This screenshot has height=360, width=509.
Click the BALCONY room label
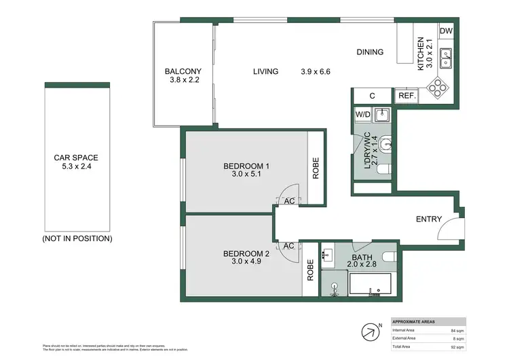[x=183, y=71]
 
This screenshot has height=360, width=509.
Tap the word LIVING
[x=265, y=71]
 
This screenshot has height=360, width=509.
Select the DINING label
[x=370, y=52]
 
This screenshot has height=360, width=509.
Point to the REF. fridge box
[x=407, y=96]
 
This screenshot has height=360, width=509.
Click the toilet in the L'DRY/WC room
[x=385, y=143]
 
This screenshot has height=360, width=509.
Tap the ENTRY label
[x=429, y=219]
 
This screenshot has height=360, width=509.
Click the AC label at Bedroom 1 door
[x=288, y=201]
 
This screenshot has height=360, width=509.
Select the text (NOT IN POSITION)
[x=77, y=238]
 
